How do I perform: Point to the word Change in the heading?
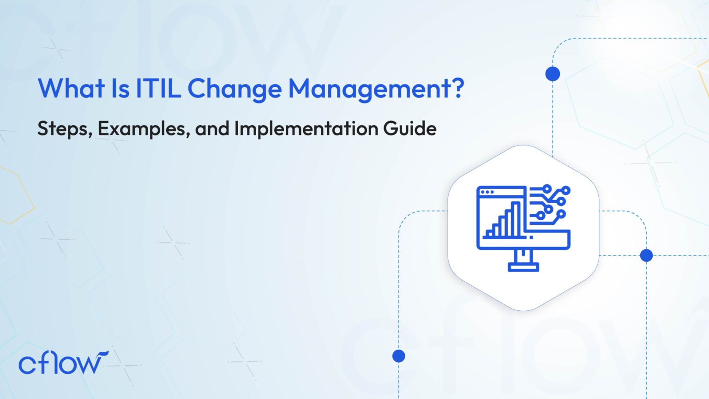[x=234, y=89]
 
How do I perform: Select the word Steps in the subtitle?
[x=62, y=129]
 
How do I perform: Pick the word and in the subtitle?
[x=212, y=128]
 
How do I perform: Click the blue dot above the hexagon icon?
[x=553, y=74]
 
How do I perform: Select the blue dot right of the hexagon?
[x=646, y=255]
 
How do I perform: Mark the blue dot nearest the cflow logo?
[x=399, y=356]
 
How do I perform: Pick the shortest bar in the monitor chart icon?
[x=487, y=234]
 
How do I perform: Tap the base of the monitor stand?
[x=523, y=267]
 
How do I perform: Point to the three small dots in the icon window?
[x=487, y=192]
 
